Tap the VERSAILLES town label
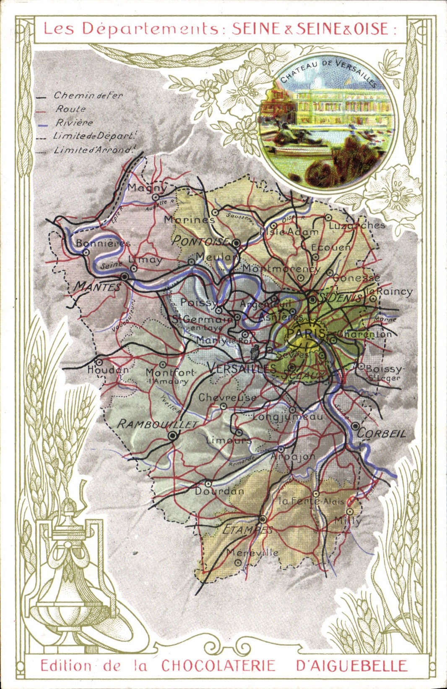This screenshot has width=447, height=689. point(241,368)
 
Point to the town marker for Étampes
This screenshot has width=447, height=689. point(262,519)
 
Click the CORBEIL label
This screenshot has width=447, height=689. point(382,433)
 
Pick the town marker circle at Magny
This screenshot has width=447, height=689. point(156,197)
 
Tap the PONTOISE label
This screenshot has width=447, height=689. point(200,241)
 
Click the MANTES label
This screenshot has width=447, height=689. point(97,287)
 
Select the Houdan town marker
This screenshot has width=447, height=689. point(99,362)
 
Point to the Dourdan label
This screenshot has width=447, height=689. point(219,491)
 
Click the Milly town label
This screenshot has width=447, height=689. point(348,521)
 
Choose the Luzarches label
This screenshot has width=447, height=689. point(357,225)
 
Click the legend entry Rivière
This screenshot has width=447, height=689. point(74,123)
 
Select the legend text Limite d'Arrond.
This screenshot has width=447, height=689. point(95,149)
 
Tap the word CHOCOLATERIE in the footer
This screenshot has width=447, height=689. point(218,666)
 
